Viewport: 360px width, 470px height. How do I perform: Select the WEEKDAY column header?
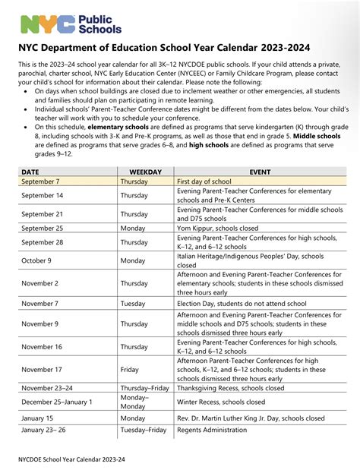[145, 172]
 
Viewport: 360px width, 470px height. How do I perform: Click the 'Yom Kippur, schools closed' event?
[217, 228]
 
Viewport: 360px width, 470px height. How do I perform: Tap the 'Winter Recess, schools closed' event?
[221, 402]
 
